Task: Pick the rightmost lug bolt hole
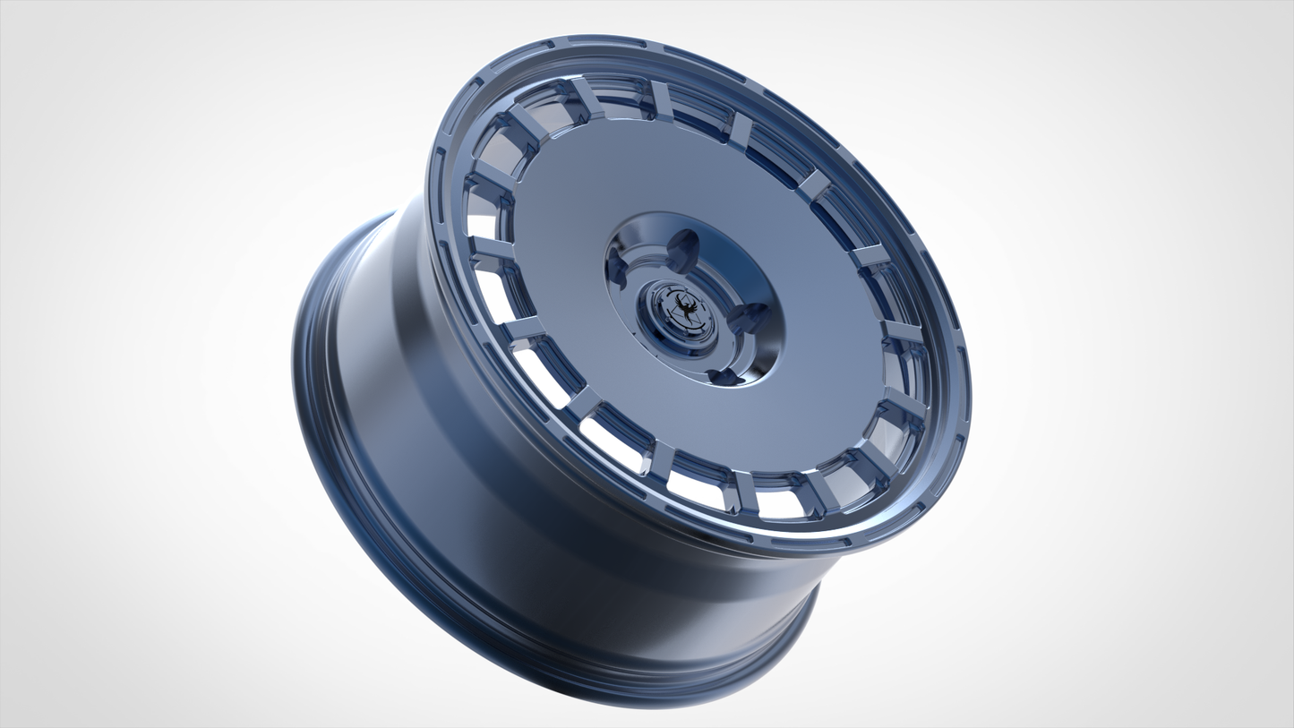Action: (750, 316)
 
